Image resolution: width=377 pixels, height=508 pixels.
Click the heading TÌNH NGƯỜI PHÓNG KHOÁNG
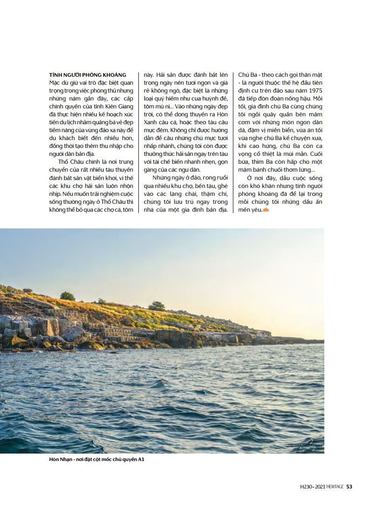[x=88, y=75]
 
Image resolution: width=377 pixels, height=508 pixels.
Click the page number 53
[x=350, y=487]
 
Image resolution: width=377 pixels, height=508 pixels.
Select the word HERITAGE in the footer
[x=335, y=487]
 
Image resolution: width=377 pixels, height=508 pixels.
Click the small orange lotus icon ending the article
[x=266, y=210]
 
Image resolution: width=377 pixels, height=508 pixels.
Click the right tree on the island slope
[x=157, y=306]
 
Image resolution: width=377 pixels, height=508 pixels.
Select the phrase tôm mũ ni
[x=156, y=107]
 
